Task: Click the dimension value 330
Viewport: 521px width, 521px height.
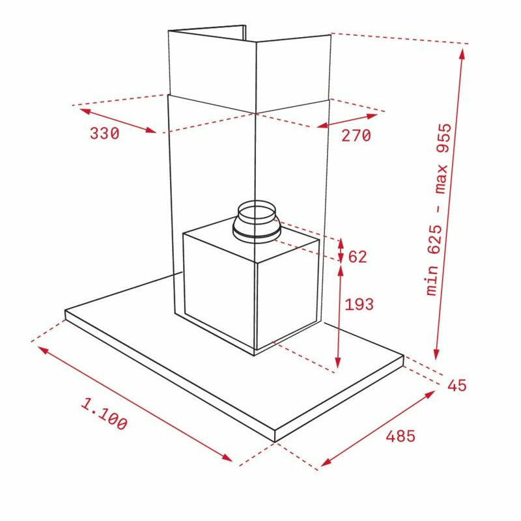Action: tap(105, 134)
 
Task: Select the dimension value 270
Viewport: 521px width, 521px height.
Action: tap(356, 135)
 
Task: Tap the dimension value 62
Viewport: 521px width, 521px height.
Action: tap(358, 257)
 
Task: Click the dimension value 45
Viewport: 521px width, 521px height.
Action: tap(457, 385)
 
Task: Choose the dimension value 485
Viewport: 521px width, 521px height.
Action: tap(400, 436)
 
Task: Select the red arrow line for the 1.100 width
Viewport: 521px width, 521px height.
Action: tap(135, 404)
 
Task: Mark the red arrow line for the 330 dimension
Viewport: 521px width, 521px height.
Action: tap(118, 120)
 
